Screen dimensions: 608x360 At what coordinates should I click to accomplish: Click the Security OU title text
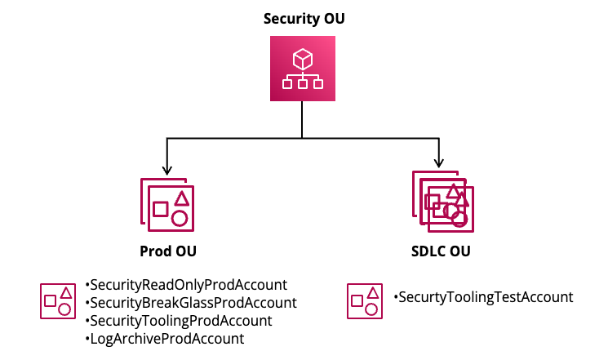304,19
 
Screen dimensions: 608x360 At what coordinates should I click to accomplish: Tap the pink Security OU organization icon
303,69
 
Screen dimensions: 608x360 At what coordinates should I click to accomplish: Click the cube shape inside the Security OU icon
303,59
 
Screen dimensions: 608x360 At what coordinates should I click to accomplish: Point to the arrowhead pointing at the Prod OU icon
166,170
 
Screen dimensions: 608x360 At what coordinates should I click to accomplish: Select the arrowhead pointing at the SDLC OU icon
438,162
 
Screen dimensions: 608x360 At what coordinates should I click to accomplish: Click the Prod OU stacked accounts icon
167,205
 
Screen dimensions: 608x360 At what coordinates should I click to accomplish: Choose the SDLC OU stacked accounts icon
443,202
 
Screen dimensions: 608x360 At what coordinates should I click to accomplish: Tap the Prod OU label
168,251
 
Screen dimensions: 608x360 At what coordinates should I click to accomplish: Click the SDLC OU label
441,251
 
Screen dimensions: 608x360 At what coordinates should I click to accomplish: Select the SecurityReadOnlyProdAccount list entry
186,285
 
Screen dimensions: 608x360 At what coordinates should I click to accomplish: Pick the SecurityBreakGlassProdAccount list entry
191,303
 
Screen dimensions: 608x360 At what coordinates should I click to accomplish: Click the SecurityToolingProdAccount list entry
179,321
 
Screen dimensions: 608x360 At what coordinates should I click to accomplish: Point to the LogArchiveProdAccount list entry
164,339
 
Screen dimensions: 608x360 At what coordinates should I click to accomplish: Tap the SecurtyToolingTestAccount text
483,297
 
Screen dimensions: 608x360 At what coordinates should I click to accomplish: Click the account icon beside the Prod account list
58,301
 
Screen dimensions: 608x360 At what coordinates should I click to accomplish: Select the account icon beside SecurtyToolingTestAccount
365,301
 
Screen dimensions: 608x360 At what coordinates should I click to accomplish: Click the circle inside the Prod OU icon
180,219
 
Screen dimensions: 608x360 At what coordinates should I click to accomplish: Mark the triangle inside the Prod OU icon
181,198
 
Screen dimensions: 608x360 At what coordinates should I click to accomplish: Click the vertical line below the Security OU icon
302,119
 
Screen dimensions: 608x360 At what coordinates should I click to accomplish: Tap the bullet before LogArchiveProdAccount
87,339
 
